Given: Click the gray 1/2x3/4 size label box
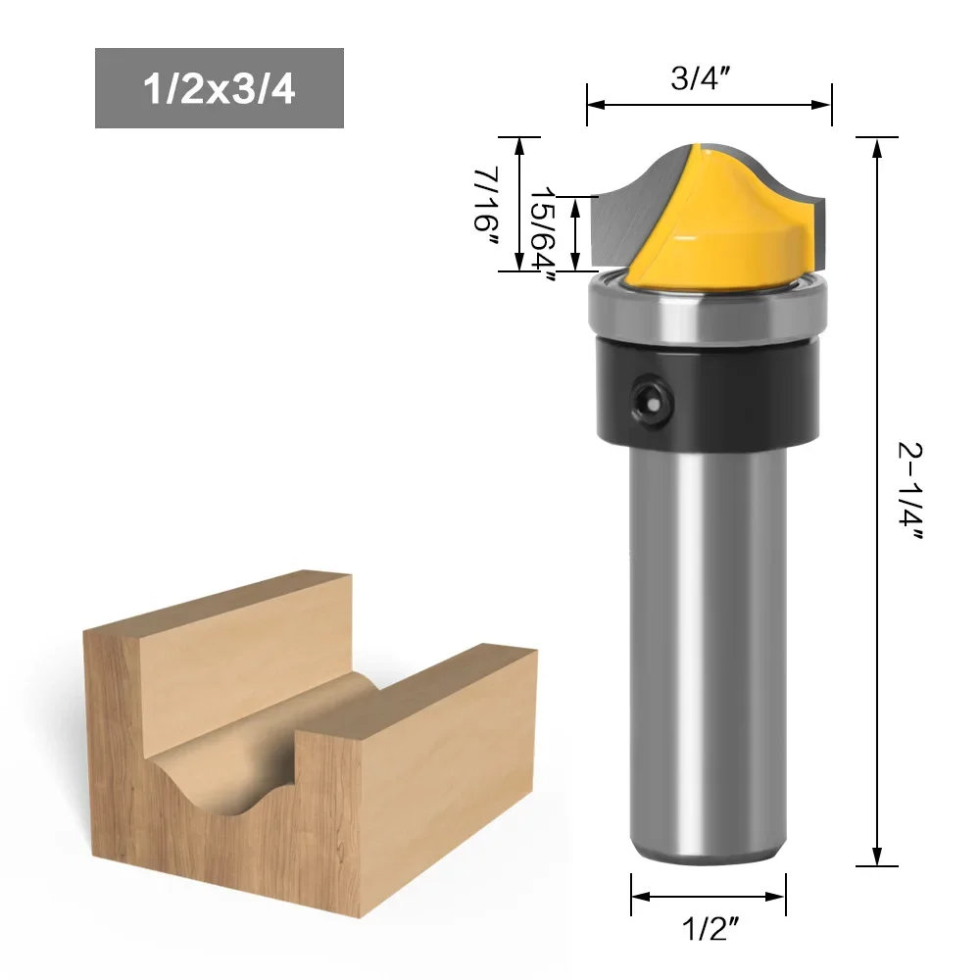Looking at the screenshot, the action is (x=220, y=88).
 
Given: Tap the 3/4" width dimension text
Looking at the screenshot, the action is (x=701, y=78).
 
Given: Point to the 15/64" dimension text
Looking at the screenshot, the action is (x=543, y=234).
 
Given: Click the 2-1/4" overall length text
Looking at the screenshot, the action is (x=910, y=491).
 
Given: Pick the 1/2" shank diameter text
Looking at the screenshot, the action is (x=710, y=929).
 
